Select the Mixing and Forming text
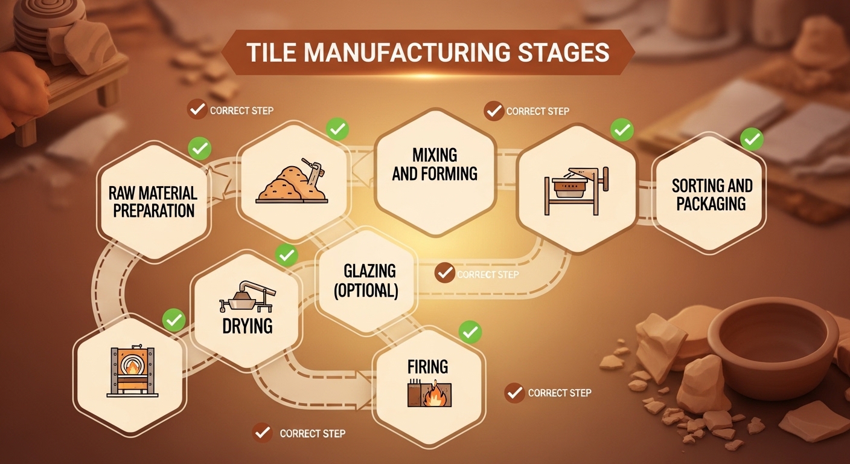[435, 164]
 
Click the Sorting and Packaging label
[712, 194]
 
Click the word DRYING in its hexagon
[248, 326]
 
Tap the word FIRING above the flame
[427, 367]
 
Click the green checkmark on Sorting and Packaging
[752, 140]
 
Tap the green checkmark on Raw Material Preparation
[199, 148]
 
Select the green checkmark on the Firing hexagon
[470, 332]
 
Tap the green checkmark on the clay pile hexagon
[337, 129]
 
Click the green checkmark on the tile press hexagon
[621, 129]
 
